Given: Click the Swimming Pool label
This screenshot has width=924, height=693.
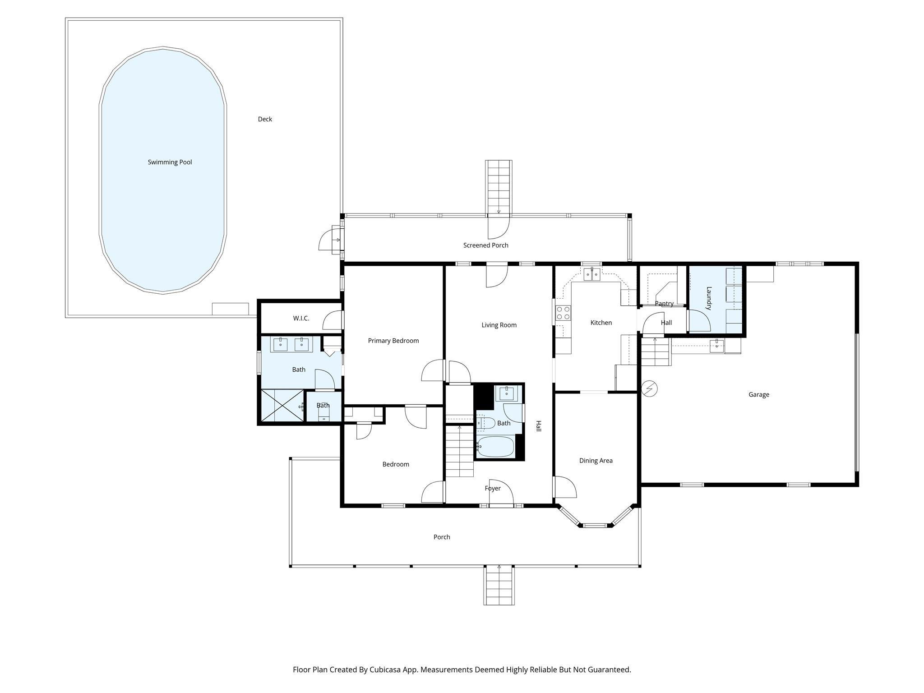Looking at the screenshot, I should click(x=170, y=162).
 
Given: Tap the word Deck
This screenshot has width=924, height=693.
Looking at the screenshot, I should click(x=265, y=119).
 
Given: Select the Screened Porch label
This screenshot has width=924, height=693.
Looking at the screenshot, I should click(x=485, y=245).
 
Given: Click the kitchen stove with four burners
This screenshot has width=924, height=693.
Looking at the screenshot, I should click(x=563, y=313).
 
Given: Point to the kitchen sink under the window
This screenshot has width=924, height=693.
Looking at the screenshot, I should click(x=591, y=274).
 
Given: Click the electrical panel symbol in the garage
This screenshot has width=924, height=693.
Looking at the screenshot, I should click(x=650, y=388).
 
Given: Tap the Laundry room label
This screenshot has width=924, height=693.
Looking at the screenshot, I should click(x=709, y=298).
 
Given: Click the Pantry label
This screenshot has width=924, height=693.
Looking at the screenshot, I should click(x=664, y=303).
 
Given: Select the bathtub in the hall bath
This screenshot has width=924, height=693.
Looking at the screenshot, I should click(x=495, y=447).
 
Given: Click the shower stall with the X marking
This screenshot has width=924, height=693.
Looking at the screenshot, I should click(x=282, y=405).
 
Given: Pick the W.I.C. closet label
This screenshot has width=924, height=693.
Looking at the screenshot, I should click(x=301, y=318).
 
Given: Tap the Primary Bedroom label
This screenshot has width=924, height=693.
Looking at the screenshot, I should click(x=393, y=341).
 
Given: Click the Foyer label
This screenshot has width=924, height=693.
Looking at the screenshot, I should click(x=492, y=488).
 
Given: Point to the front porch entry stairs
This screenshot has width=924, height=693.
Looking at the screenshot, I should click(x=499, y=585).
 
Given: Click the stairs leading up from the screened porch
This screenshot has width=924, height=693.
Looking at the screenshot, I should click(x=499, y=187).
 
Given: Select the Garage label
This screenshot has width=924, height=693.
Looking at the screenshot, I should click(x=758, y=394).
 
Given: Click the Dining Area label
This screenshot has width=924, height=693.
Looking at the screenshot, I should click(x=596, y=461).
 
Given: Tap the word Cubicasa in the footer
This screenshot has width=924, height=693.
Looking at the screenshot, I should click(x=386, y=670).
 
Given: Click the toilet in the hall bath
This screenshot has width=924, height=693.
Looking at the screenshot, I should click(x=485, y=423).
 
